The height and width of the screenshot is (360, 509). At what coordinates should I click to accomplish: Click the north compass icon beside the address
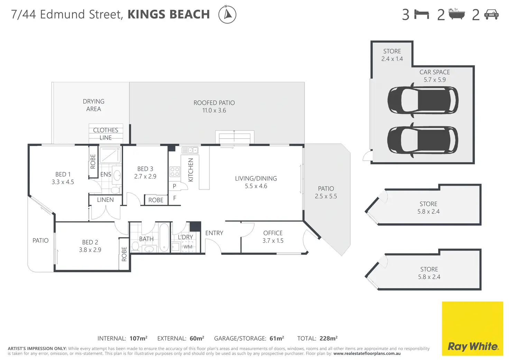pos(227,14)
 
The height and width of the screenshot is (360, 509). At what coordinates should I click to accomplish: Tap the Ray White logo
pos(472,329)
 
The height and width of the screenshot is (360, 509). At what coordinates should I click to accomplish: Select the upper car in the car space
pos(423,100)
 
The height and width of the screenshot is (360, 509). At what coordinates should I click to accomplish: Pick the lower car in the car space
pos(423,140)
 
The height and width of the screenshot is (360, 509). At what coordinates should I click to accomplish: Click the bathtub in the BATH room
pos(164,237)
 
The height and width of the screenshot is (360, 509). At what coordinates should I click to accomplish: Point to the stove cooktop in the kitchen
pos(175,172)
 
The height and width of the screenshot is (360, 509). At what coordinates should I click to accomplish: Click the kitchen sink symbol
pos(190,150)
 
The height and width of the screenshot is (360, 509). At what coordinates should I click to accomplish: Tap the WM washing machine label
pos(188,247)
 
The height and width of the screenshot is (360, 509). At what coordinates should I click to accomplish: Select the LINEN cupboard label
pos(105,200)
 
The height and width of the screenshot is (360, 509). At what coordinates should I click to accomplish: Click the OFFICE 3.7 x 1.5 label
pos(273,237)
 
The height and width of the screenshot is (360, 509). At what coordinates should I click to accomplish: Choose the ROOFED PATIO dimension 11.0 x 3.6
pos(214,110)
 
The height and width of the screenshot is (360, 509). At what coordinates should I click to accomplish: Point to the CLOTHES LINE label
pos(106,134)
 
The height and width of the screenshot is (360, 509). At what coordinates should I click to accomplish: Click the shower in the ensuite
pos(110,155)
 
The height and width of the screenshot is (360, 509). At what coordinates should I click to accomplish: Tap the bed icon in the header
pos(422,15)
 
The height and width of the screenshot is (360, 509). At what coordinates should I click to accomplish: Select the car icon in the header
pos(491,15)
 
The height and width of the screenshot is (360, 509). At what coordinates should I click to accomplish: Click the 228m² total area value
pos(328,339)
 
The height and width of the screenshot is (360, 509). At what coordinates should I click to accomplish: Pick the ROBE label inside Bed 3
pos(156,200)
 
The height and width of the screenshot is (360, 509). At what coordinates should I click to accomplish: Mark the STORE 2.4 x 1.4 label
pos(392,55)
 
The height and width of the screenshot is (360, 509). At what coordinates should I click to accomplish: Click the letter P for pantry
pos(174,186)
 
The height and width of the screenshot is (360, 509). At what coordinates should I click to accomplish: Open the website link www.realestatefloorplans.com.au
pos(367,353)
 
